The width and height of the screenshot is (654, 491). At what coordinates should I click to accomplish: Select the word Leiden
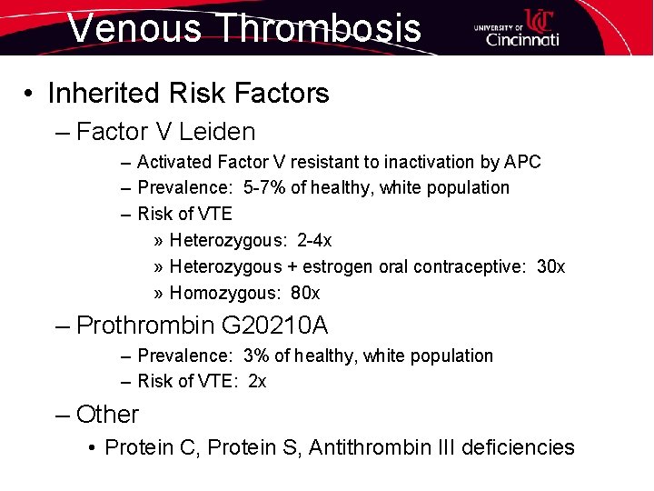[x=217, y=132]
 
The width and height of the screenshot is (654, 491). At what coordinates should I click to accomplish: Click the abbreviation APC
[x=522, y=162]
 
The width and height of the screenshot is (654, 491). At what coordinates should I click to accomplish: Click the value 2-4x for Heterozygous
[x=314, y=240]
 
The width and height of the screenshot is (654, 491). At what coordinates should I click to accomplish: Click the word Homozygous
[x=223, y=293]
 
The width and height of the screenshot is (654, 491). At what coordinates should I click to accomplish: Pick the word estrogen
[x=333, y=266]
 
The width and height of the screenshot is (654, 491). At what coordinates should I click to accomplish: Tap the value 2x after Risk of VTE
[x=257, y=381]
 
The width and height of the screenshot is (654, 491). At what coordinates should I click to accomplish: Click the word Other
[x=107, y=415]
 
